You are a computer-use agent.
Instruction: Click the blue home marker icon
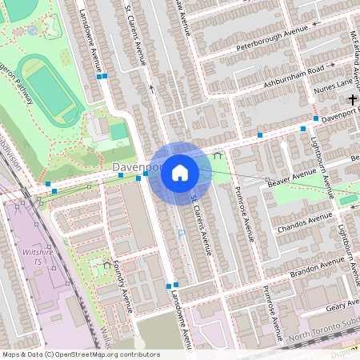click(180, 173)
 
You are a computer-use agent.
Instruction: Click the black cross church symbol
click(353, 99)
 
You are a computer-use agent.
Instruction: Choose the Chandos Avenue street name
click(303, 221)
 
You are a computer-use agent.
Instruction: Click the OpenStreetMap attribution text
click(81, 354)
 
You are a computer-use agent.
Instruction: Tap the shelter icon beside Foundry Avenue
click(107, 264)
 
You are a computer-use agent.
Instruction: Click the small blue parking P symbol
click(182, 233)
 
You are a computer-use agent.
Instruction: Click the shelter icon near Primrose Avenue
click(218, 156)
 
